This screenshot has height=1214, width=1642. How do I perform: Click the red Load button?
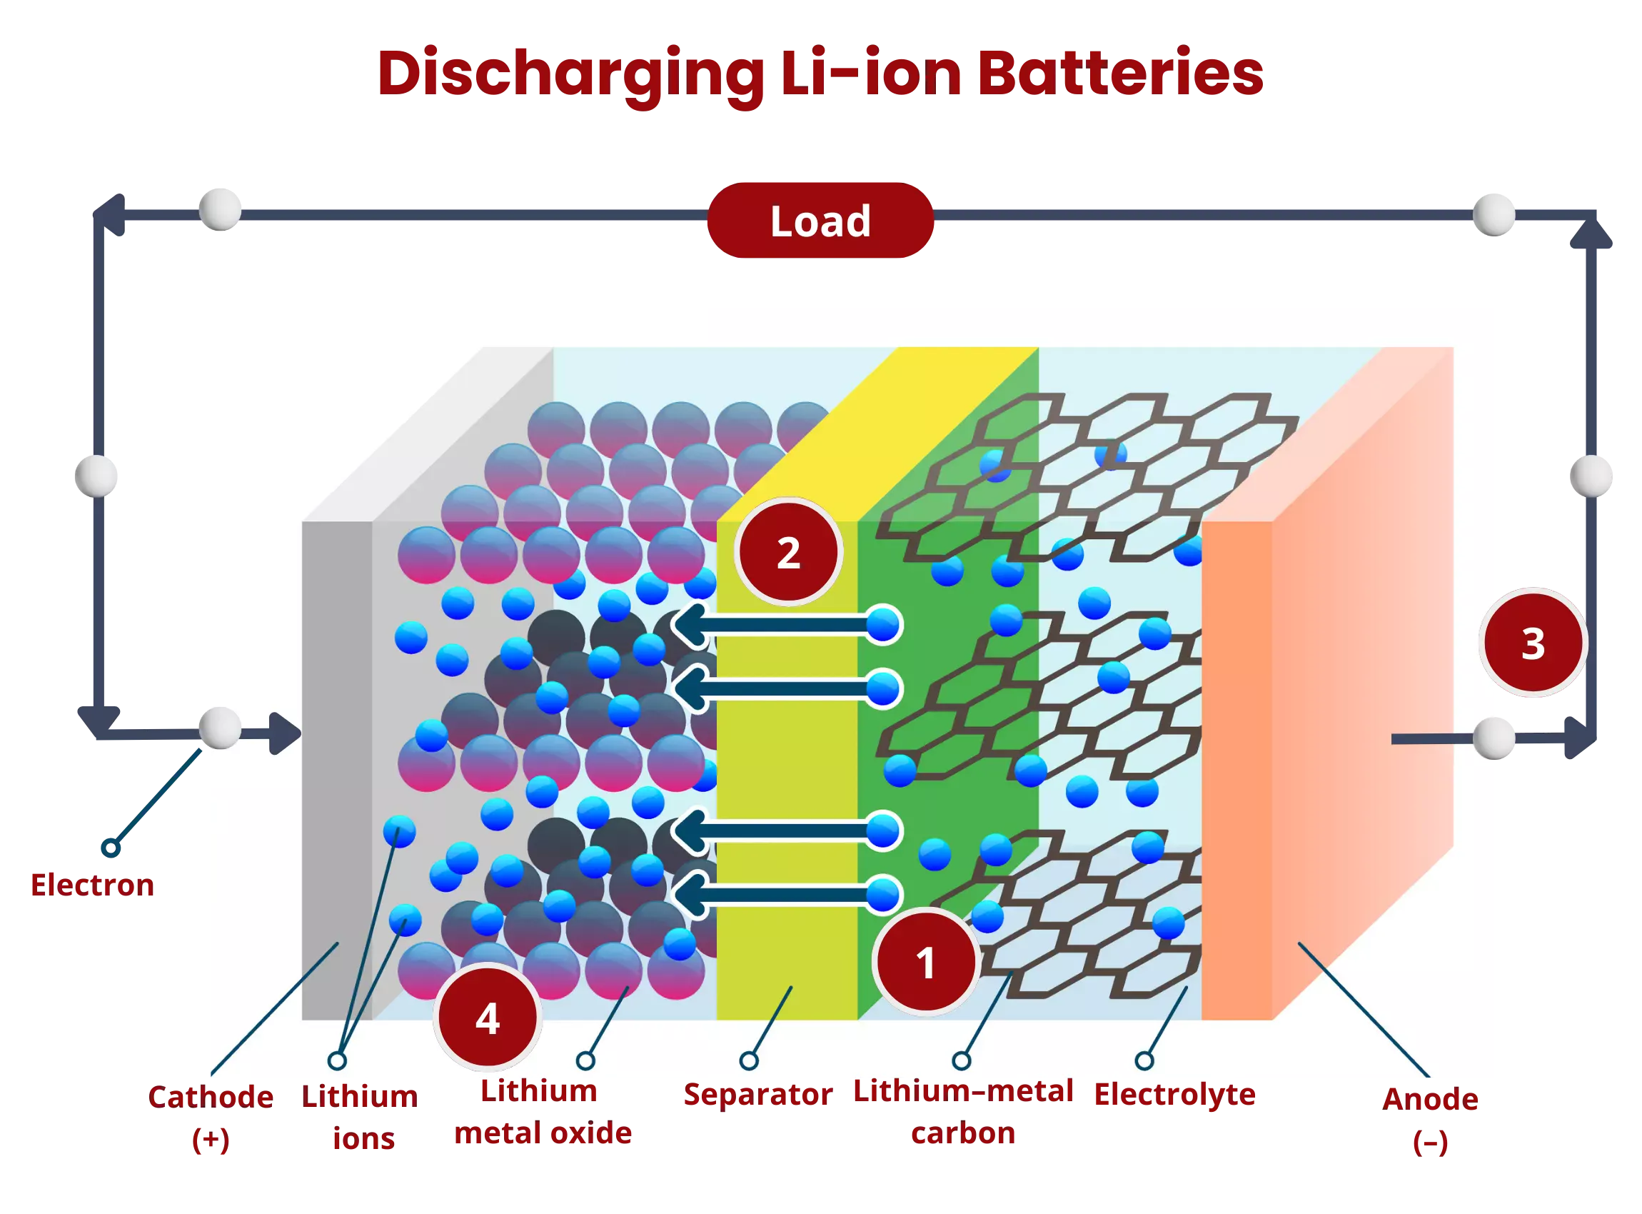820,221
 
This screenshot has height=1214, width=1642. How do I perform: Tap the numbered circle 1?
926,962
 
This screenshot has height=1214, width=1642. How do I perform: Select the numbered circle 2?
788,553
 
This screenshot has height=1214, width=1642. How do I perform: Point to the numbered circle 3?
1533,643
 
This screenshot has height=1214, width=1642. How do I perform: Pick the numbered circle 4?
488,1018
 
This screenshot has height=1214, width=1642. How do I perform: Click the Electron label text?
92,884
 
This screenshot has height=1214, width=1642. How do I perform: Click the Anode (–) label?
1430,1120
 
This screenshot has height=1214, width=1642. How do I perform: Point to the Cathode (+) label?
211,1118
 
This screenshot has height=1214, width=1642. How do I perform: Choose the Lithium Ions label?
360,1117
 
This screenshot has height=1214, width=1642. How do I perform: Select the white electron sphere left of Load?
220,209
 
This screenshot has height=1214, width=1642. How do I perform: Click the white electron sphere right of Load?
1495,213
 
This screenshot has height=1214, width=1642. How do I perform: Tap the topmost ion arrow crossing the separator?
779,626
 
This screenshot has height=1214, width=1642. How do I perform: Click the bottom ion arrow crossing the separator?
779,895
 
